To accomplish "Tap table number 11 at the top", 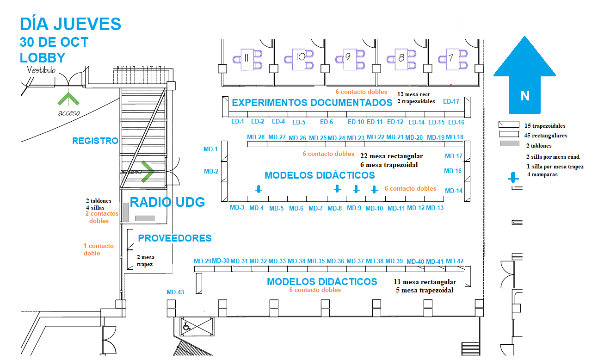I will [246, 58].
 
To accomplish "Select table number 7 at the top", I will [451, 58].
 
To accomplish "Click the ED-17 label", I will [451, 101].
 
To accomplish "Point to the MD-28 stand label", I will [256, 137].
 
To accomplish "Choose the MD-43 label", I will [175, 292].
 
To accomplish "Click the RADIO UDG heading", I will [167, 202].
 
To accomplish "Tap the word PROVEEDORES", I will [175, 238].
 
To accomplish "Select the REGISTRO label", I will [95, 141].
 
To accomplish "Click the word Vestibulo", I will [41, 70].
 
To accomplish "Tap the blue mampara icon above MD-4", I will [259, 189].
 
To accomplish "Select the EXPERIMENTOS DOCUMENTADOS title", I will [312, 103].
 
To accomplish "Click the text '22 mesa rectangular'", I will [391, 156].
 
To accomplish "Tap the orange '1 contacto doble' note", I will [99, 249].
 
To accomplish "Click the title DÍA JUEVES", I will [70, 24].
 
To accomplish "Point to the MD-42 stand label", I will [455, 261].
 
